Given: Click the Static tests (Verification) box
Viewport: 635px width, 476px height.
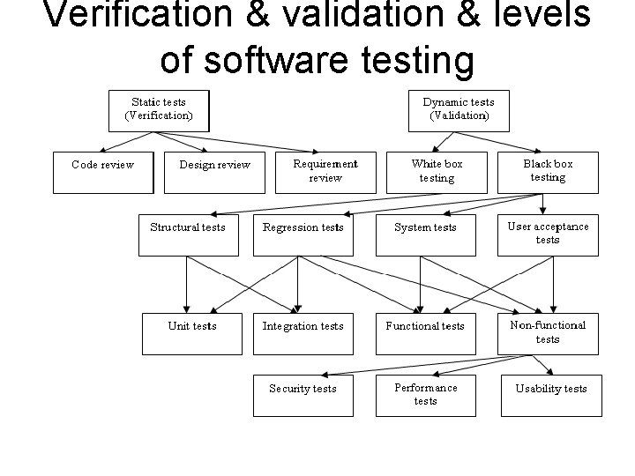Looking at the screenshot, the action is [159, 109].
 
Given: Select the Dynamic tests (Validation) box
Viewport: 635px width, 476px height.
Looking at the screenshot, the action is [459, 109].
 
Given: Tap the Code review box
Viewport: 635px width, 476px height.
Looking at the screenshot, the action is [103, 171].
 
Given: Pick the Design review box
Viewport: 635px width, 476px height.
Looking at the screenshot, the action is [214, 171].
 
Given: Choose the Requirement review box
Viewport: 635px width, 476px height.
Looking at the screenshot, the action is [325, 171].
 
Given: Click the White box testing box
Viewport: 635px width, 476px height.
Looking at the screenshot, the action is [437, 171].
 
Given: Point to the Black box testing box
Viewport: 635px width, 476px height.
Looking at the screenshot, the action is [548, 171].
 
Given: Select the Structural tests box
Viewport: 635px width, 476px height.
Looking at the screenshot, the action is [188, 234].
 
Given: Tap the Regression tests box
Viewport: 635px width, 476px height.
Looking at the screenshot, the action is [303, 234].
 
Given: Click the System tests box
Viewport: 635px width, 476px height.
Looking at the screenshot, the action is [425, 234].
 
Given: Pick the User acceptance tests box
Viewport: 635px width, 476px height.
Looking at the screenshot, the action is [548, 234].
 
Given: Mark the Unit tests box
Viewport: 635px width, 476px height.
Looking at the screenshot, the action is [192, 332].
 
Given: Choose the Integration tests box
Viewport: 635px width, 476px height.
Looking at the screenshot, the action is [303, 332].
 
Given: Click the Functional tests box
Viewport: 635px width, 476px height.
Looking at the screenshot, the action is [425, 332].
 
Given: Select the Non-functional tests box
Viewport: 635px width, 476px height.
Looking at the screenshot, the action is [548, 332].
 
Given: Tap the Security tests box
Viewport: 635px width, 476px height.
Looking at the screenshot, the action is [303, 394].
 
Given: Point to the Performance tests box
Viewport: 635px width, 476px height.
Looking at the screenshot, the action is [425, 394].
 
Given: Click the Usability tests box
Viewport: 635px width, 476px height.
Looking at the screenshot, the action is [551, 394].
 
